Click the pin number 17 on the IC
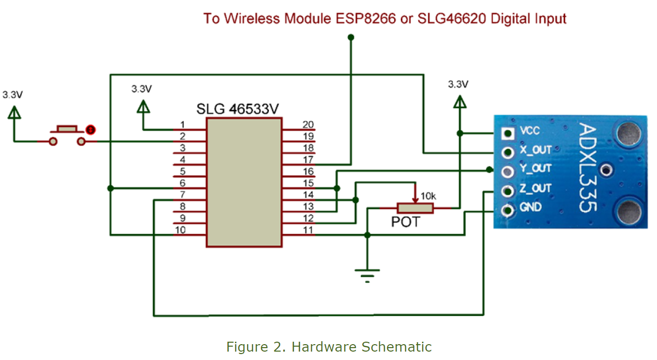[x=308, y=160]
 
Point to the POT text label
[x=405, y=222]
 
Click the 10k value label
[x=428, y=196]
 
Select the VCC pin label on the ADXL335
[x=529, y=132]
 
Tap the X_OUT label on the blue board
[x=535, y=150]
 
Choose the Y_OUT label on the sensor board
[x=535, y=169]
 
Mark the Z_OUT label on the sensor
[x=535, y=188]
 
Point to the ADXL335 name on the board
[x=589, y=168]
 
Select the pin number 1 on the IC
[x=182, y=124]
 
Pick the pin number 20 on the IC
[x=308, y=125]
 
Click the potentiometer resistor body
[x=415, y=208]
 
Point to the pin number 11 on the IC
[x=308, y=230]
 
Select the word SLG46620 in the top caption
[x=450, y=19]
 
